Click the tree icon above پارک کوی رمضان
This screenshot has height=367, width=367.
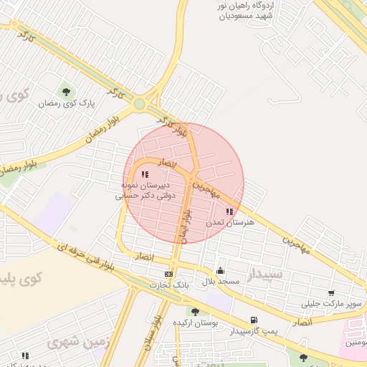pyautogui.click(x=67, y=91)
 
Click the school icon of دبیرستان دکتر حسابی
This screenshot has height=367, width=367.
pyautogui.click(x=145, y=174)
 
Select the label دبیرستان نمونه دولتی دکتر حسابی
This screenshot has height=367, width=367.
pyautogui.click(x=146, y=189)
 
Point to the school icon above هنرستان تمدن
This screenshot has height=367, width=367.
pyautogui.click(x=229, y=211)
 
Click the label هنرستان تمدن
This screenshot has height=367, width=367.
pyautogui.click(x=230, y=223)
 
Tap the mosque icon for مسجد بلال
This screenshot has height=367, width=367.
pyautogui.click(x=219, y=270)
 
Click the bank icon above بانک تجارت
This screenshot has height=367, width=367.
pyautogui.click(x=168, y=274)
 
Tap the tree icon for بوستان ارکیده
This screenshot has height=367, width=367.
pyautogui.click(x=194, y=311)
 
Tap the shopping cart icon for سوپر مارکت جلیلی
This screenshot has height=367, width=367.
pyautogui.click(x=330, y=293)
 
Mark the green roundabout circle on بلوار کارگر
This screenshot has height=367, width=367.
pyautogui.click(x=139, y=105)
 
